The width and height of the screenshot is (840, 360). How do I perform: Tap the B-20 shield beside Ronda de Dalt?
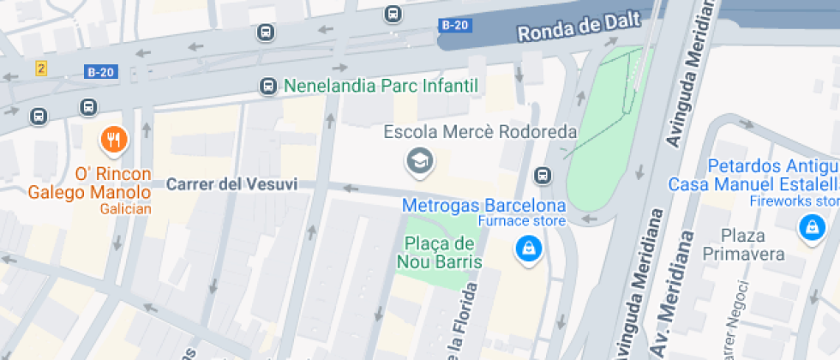455,25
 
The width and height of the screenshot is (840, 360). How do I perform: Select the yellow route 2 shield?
41,68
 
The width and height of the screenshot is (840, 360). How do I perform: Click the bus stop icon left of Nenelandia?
268,86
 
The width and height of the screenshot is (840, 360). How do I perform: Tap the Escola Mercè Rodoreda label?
480,133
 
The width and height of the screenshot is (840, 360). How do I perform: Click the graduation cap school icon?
419,160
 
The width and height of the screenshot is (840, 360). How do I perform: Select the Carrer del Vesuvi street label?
231,184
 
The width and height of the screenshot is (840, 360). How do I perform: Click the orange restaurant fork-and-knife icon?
113,138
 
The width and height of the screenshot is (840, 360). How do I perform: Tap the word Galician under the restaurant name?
125,209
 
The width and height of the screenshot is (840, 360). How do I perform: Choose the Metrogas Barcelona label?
484,206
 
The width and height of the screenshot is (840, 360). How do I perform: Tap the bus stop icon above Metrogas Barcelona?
542,176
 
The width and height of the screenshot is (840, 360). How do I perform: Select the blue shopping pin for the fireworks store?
810,227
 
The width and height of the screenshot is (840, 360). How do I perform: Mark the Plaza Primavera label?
743,244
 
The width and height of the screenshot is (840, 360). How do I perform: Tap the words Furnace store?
521,222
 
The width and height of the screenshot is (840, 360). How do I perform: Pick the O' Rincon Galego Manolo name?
89,183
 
